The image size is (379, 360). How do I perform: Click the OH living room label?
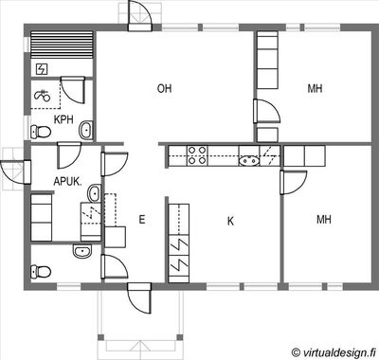165,88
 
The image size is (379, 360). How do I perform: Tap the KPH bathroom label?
63,119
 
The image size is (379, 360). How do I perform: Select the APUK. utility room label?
68,182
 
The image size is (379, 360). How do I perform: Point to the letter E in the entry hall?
142,219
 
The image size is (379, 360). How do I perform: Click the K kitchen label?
230,221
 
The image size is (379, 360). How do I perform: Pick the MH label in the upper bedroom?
315,88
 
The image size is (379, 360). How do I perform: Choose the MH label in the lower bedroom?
324,219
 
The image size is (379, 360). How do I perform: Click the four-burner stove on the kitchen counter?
197,155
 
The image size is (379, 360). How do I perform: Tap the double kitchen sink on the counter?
249,161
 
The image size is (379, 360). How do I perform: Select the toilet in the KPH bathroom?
41,132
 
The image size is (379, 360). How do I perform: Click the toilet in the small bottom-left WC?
41,272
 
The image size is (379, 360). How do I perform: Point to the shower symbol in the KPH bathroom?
43,95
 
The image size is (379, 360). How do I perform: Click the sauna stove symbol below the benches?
42,69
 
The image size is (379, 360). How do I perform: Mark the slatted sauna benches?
62,45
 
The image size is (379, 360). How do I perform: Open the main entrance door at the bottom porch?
139,298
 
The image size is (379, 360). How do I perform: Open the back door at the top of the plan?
139,16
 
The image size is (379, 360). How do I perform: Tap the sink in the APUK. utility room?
94,193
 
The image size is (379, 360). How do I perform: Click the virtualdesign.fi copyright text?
334,352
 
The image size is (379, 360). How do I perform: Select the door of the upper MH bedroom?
266,111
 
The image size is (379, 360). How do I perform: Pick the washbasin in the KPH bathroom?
85,130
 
